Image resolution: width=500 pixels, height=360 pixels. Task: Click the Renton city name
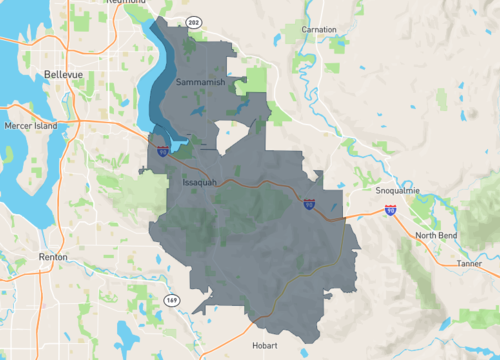pyautogui.click(x=52, y=257)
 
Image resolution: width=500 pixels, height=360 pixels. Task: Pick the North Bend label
pyautogui.click(x=436, y=235)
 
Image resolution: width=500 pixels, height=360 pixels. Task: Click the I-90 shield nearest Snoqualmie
pyautogui.click(x=388, y=211)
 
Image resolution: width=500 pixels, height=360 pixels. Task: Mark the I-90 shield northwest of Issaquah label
pyautogui.click(x=162, y=152)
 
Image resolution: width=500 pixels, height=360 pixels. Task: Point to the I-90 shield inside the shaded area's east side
pyautogui.click(x=310, y=205)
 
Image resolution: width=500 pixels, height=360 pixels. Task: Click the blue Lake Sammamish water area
pyautogui.click(x=159, y=80)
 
